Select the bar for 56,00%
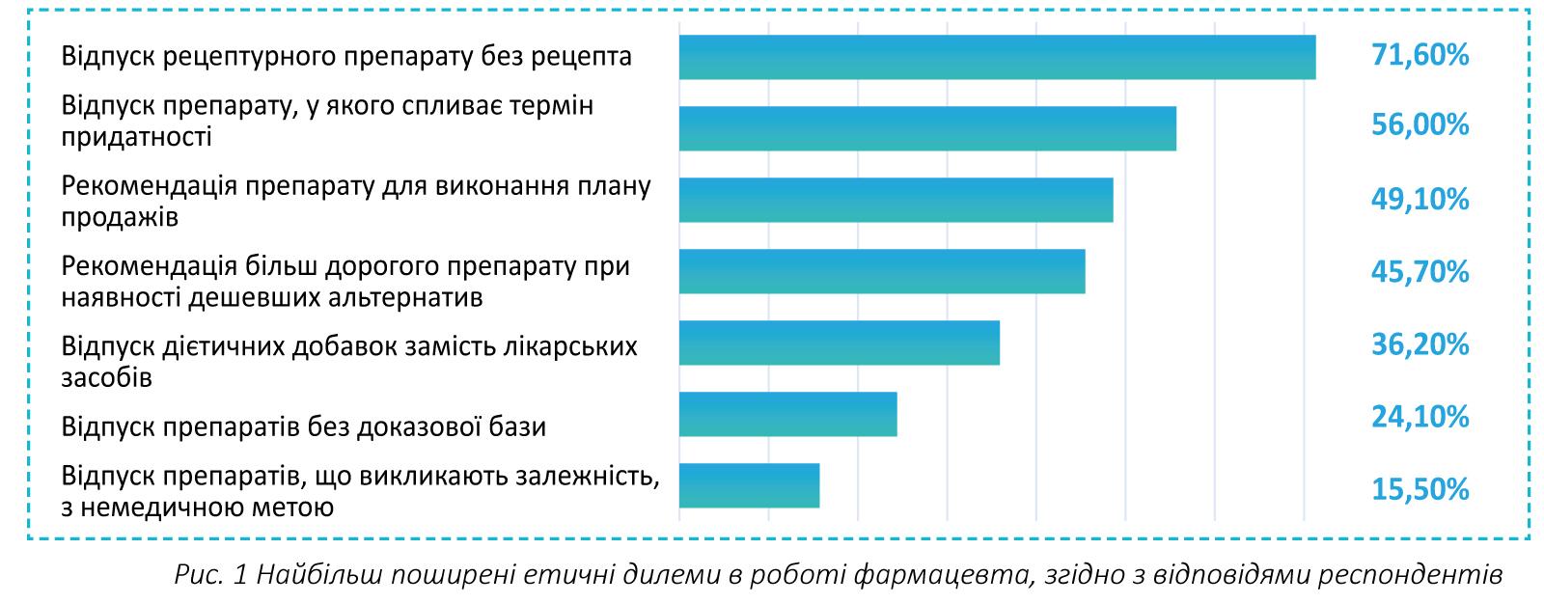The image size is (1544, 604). point(926,128)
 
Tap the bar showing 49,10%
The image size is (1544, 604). point(896,200)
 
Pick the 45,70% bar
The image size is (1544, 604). point(881,271)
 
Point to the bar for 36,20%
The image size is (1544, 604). point(839,343)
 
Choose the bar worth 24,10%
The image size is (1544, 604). point(787,414)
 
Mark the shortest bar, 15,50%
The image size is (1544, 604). point(749,485)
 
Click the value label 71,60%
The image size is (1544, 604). point(1420,56)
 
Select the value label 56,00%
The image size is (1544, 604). point(1420,125)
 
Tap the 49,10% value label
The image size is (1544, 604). point(1420,200)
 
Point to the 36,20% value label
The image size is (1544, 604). point(1420,343)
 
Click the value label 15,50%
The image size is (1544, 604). point(1420,490)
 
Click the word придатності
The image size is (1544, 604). point(136,137)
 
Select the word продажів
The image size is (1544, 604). point(120,217)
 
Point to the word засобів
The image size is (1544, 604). point(106,377)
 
